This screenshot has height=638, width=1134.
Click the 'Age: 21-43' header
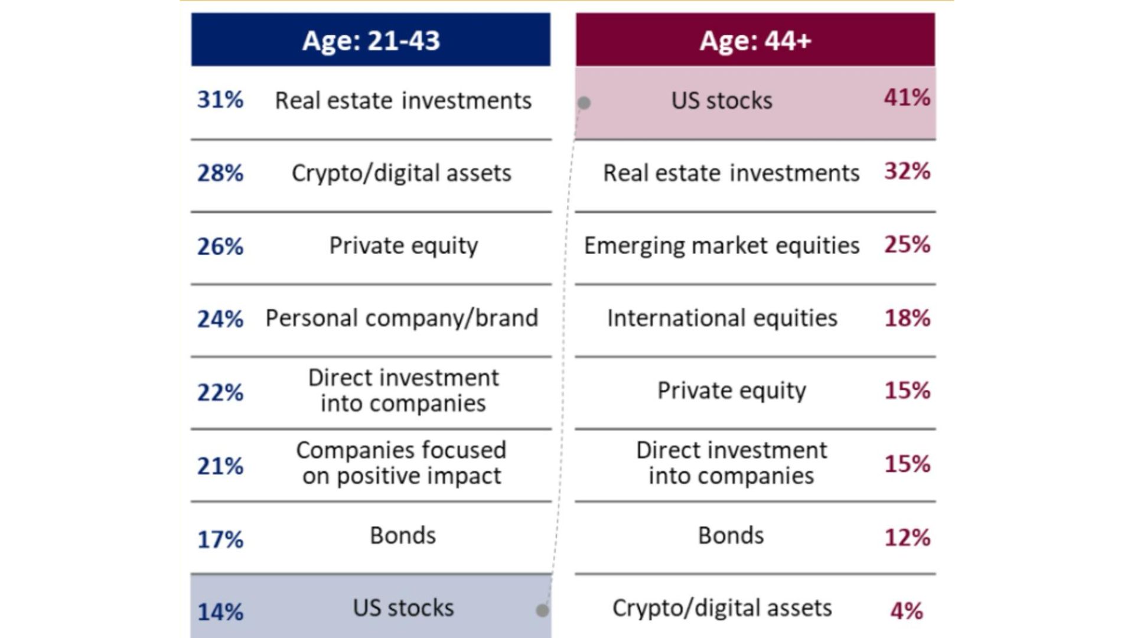371,40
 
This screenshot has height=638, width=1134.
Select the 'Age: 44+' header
755,40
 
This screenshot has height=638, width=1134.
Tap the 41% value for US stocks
907,97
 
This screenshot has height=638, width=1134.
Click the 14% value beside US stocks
220,612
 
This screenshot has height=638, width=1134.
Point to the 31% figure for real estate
220,100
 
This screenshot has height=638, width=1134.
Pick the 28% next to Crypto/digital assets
220,173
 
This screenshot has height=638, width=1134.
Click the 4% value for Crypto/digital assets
907,611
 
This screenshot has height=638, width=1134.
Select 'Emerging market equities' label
722,246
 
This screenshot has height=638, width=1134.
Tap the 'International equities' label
722,318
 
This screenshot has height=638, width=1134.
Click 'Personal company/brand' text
402,318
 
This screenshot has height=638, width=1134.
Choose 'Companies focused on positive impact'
402,463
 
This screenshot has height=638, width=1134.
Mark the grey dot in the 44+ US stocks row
584,103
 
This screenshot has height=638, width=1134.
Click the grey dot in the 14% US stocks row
542,610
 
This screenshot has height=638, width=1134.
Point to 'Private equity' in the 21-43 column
403,246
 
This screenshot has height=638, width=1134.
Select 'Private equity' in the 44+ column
732,391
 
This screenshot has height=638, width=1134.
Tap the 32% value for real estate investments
907,171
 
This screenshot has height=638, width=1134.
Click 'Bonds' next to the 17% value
403,536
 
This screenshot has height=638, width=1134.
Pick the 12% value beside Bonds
907,538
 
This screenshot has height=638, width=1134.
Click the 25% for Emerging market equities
907,245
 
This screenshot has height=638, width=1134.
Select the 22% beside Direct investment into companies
220,392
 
